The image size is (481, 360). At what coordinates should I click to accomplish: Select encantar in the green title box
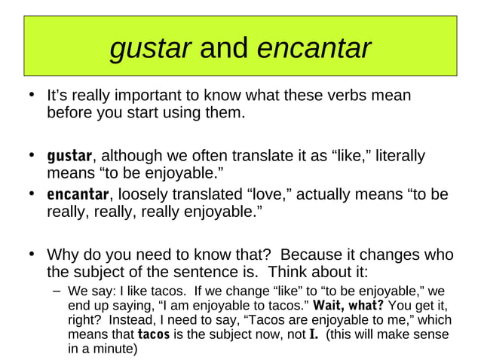point(314,49)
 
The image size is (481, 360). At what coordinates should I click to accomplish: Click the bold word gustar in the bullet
point(69,157)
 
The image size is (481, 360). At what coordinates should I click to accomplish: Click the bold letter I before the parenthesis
point(313,334)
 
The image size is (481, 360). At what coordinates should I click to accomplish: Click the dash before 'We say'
point(57,291)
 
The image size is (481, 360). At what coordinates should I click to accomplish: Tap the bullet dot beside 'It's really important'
point(32,96)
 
